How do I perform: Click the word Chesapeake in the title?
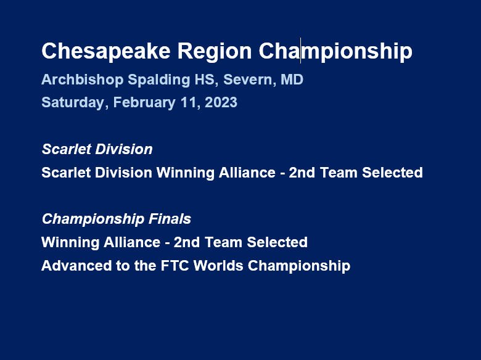point(106,52)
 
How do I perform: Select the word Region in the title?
point(215,52)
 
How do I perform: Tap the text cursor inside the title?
point(301,51)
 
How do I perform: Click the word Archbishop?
point(82,80)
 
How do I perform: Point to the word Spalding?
point(159,80)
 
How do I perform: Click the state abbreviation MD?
point(292,80)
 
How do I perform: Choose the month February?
point(144,102)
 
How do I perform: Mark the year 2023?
point(221,102)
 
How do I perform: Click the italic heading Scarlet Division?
point(97,149)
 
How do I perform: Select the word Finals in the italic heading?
point(170,219)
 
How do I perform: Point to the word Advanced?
point(76,266)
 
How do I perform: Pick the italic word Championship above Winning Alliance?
point(93,219)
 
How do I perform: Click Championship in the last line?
point(299,266)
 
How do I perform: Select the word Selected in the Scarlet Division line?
point(392,173)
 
